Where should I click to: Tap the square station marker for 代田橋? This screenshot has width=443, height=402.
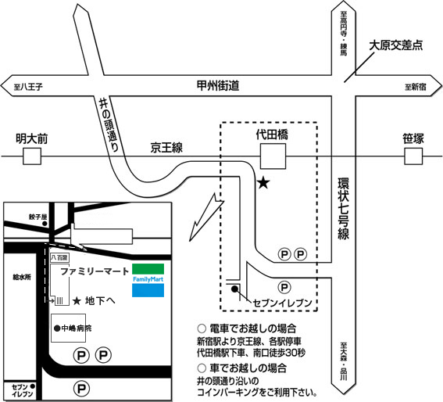273,158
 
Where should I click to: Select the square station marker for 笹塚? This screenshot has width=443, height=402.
413,158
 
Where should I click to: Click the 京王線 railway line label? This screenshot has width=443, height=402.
166,148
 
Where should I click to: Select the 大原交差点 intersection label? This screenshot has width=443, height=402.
396,45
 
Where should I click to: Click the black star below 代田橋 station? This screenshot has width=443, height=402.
263,184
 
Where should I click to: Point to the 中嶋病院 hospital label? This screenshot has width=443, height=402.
74,328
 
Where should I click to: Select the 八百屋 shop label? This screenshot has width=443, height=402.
59,257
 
